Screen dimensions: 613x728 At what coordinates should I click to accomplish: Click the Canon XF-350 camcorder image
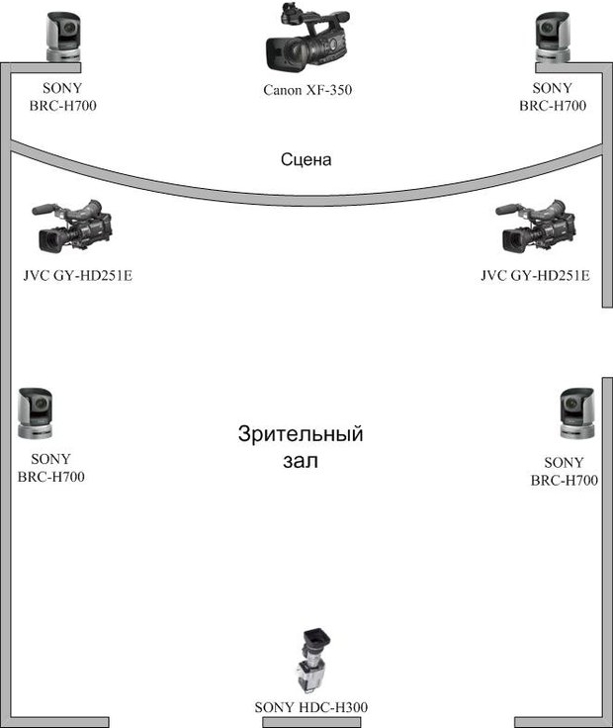coord(307,38)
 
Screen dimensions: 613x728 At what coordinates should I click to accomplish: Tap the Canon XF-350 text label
coord(307,90)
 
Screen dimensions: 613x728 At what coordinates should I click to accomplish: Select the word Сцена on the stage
coord(306,159)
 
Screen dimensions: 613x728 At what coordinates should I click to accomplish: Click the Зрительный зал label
coord(301,447)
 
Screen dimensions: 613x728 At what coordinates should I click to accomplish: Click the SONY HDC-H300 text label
coord(310,707)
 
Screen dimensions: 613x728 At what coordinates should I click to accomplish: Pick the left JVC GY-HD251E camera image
coord(73,227)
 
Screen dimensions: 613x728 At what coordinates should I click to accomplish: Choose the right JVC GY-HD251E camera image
coord(537,227)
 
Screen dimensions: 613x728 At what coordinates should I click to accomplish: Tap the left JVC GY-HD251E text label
coord(78,275)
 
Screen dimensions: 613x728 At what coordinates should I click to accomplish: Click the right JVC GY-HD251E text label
coord(535,275)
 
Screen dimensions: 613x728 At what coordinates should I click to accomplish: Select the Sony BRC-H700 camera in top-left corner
coord(63,37)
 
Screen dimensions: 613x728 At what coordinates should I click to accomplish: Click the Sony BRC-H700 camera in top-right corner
coord(553,37)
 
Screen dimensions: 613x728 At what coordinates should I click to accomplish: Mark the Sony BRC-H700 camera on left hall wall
coord(36,413)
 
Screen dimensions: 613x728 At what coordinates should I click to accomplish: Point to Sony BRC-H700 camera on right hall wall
coord(577,413)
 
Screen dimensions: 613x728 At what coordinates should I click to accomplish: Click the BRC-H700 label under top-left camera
coord(63,106)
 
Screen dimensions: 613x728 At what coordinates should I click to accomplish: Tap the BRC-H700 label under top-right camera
coord(553,106)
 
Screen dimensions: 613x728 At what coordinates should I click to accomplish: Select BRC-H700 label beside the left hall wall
coord(51,477)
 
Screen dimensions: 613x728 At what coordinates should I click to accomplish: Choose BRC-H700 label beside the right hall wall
coord(565,480)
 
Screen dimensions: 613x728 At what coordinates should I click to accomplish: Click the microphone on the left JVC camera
coord(45,209)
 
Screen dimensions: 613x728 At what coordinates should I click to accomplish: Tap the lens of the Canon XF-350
coord(279,54)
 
